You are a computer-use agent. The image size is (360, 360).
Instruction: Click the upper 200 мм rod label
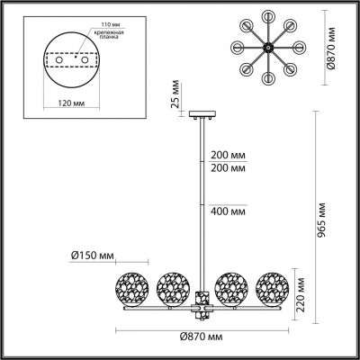pos(224,154)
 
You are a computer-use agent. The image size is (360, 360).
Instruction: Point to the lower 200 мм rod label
pos(224,168)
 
